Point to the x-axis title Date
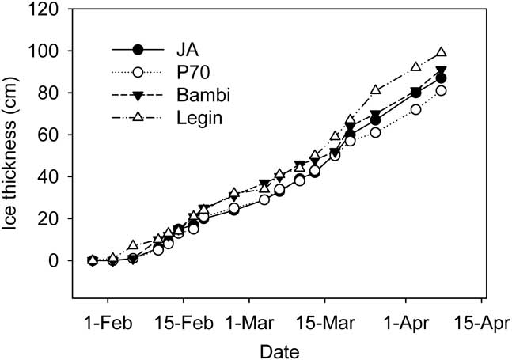pos(282,348)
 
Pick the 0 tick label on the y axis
pos(66,260)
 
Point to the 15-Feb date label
pos(184,323)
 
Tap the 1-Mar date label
pos(248,323)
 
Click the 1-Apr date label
pos(405,323)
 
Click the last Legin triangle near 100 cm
pos(442,52)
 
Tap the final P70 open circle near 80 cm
pos(441,91)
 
